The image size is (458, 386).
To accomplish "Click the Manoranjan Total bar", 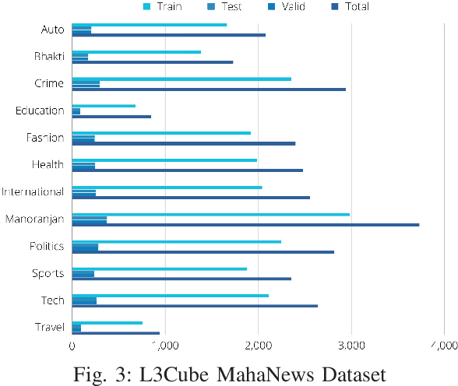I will [245, 224].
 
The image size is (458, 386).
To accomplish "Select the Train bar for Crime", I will [181, 79].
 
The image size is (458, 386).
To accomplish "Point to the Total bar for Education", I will [111, 117].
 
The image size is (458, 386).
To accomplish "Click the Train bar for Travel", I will [107, 322].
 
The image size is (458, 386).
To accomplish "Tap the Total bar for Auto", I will [168, 35].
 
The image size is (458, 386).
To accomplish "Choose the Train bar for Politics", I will [176, 241].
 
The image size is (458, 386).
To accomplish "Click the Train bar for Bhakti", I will [136, 52].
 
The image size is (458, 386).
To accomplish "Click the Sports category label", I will [48, 273].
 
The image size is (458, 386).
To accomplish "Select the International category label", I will [33, 191].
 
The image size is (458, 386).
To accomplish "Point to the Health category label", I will [48, 164].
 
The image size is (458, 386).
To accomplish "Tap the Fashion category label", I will [45, 138].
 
